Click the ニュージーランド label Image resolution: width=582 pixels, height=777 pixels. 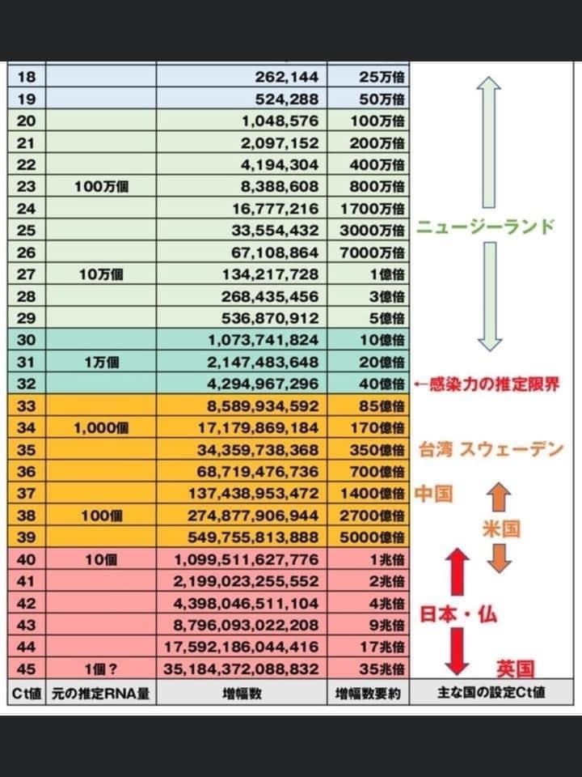pyautogui.click(x=485, y=227)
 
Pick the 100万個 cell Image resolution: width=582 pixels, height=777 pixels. pyautogui.click(x=101, y=186)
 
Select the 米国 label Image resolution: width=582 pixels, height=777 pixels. pyautogui.click(x=501, y=529)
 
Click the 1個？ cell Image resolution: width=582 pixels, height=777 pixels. pyautogui.click(x=101, y=669)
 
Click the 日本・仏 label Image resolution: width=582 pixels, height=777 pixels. pyautogui.click(x=458, y=615)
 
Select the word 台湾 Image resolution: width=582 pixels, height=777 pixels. pyautogui.click(x=436, y=450)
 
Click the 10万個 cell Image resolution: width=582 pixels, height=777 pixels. pyautogui.click(x=101, y=274)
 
